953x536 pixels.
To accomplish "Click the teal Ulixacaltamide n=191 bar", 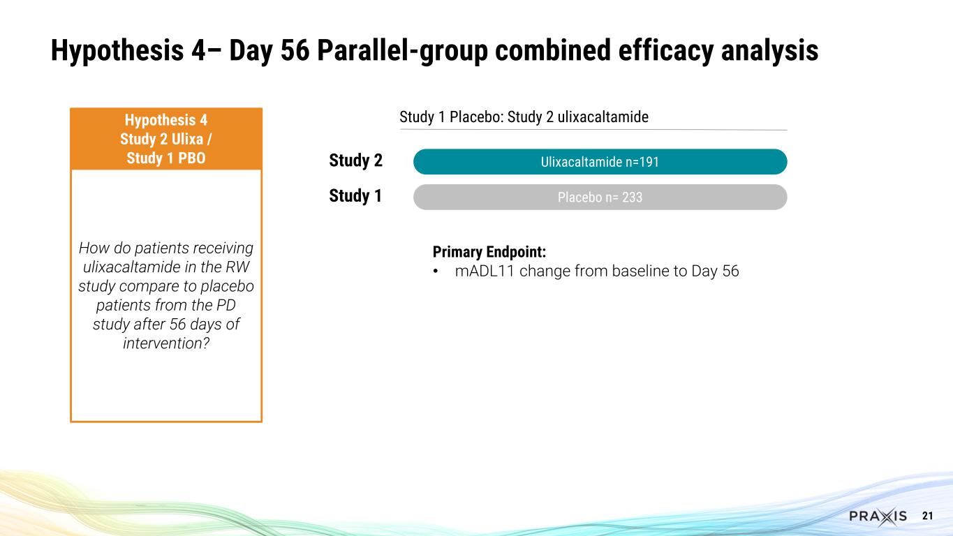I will click(600, 162).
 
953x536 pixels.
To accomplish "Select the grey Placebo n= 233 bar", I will click(600, 198).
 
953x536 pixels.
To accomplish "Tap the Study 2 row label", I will click(355, 161).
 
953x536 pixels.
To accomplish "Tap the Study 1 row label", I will click(355, 197).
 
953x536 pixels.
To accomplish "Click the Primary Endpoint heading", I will click(488, 252).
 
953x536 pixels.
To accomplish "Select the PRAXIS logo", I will click(878, 516).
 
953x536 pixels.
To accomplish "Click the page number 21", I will click(928, 516).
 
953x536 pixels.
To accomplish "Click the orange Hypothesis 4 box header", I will click(166, 138).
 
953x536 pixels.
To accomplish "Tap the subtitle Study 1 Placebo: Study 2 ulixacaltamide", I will click(524, 117).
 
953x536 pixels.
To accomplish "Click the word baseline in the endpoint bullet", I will click(640, 271).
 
